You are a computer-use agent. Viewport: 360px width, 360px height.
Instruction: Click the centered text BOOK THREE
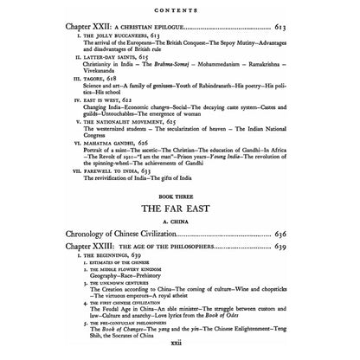click(179, 221)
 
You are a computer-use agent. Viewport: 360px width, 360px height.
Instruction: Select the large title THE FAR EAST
click(179, 234)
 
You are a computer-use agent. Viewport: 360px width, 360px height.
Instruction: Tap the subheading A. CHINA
click(179, 247)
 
